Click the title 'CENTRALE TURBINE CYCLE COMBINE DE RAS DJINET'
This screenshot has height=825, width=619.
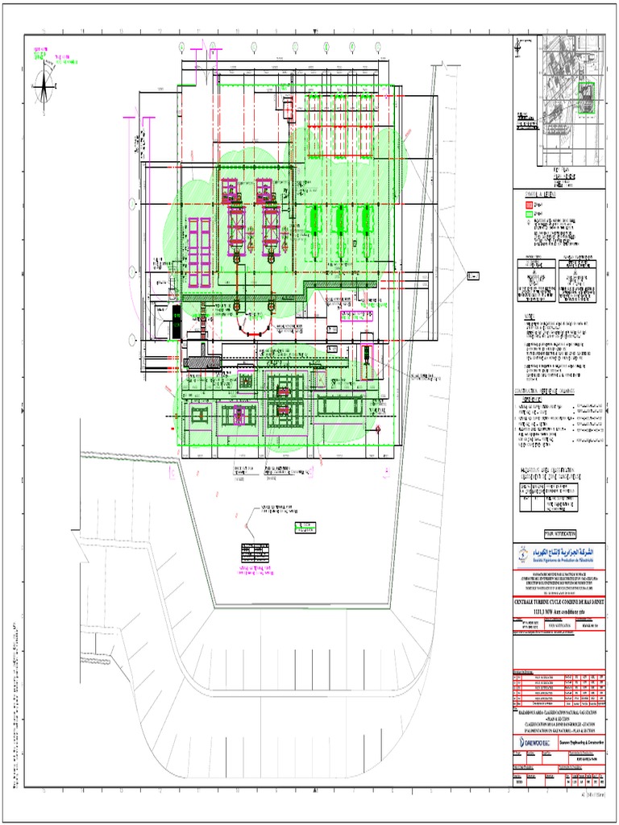tap(559, 602)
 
